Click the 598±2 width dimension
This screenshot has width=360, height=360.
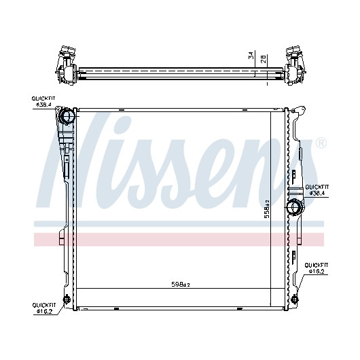(x=181, y=285)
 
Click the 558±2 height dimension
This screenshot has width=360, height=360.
(x=267, y=209)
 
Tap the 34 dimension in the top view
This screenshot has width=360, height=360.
(x=251, y=56)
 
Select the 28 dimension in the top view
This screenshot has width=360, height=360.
(x=264, y=59)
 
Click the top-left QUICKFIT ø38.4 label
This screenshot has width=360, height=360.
(x=43, y=101)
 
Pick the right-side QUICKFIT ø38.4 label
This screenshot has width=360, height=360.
(x=317, y=190)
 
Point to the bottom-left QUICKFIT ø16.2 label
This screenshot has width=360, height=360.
(x=44, y=308)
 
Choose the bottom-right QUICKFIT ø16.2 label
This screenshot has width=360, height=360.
(x=317, y=268)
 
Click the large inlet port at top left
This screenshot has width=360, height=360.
(x=67, y=116)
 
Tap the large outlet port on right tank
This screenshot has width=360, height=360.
(x=295, y=207)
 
